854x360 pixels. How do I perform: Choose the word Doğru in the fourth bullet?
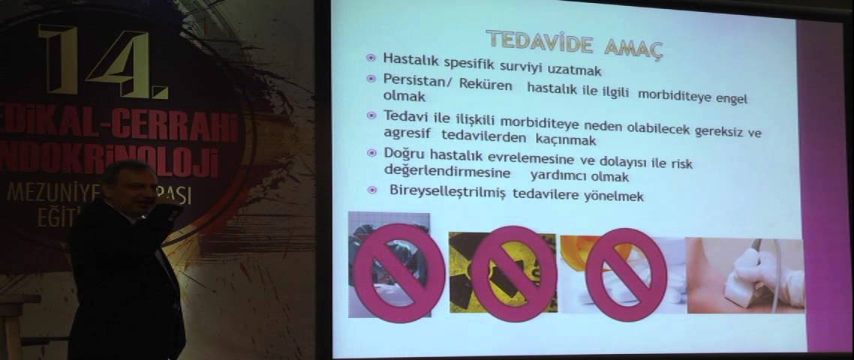coord(403,154)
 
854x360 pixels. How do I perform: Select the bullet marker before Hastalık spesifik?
coord(371,58)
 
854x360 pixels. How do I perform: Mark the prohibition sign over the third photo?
coord(626,274)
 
